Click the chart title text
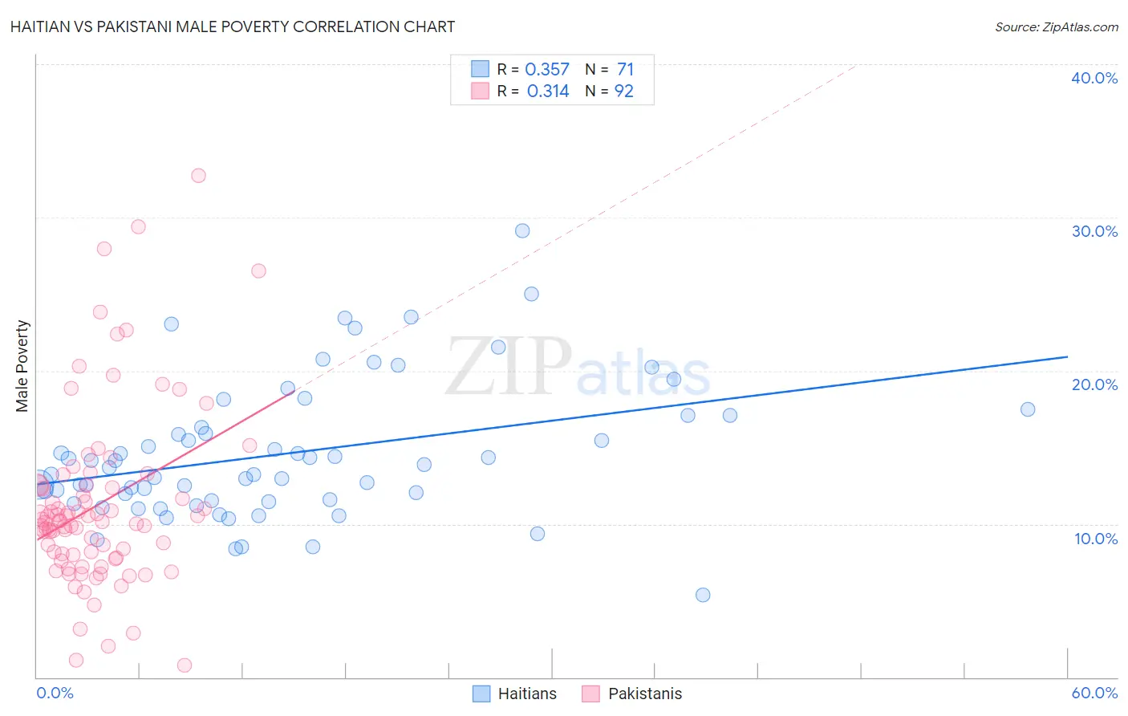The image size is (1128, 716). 233,26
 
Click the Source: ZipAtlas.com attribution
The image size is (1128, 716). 1056,26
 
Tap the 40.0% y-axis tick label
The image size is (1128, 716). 1094,78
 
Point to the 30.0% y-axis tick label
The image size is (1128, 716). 1094,231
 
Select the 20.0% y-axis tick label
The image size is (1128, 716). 1094,384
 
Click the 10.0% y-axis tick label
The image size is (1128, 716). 1095,538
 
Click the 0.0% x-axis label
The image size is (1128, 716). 55,693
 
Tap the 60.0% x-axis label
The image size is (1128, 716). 1094,693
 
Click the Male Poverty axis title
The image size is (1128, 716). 22,366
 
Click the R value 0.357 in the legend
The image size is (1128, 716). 547,69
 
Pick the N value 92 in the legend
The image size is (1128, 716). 623,91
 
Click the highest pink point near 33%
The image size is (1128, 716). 198,175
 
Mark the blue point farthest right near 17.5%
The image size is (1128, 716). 1028,409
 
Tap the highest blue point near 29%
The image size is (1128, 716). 522,230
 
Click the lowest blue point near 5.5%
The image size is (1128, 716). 703,595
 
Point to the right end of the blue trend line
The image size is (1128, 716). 1067,356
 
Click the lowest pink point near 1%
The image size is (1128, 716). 185,665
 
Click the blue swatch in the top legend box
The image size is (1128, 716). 480,69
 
